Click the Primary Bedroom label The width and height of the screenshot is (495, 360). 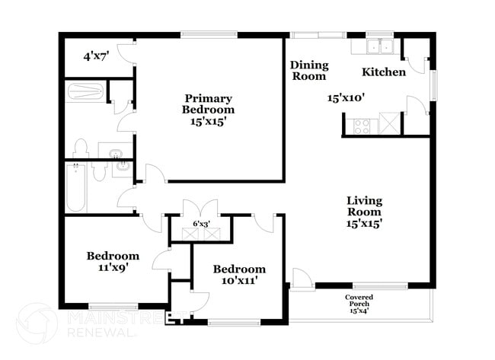point(208,109)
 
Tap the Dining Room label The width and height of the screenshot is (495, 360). point(308,71)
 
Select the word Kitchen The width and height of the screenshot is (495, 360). point(383,72)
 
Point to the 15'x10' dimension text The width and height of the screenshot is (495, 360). point(346,97)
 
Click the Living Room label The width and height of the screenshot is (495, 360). point(365,212)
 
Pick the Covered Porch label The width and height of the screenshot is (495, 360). point(358,304)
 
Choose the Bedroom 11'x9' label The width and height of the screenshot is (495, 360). point(113,262)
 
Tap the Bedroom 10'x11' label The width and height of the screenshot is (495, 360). point(239,274)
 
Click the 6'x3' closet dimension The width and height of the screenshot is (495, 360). point(201,224)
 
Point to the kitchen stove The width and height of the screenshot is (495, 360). point(362,123)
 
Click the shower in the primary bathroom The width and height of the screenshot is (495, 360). point(85,92)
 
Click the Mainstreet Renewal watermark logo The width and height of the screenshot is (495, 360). point(37,322)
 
